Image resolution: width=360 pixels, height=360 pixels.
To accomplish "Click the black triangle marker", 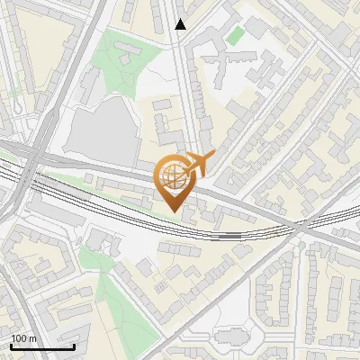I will click(180, 24).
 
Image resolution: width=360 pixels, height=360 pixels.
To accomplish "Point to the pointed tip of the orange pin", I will click(172, 211).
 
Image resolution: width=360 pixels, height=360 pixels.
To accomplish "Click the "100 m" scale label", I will click(23, 338).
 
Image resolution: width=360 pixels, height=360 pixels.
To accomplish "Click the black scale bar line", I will click(42, 346).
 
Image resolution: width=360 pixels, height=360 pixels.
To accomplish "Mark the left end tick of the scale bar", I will click(11, 345).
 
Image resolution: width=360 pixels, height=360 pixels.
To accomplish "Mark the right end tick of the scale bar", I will click(74, 345).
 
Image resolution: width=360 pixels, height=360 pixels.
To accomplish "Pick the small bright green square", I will click(235, 36).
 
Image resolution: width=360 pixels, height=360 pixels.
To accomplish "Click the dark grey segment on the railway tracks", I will click(231, 236).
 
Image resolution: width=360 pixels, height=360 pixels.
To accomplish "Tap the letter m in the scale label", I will click(33, 338).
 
